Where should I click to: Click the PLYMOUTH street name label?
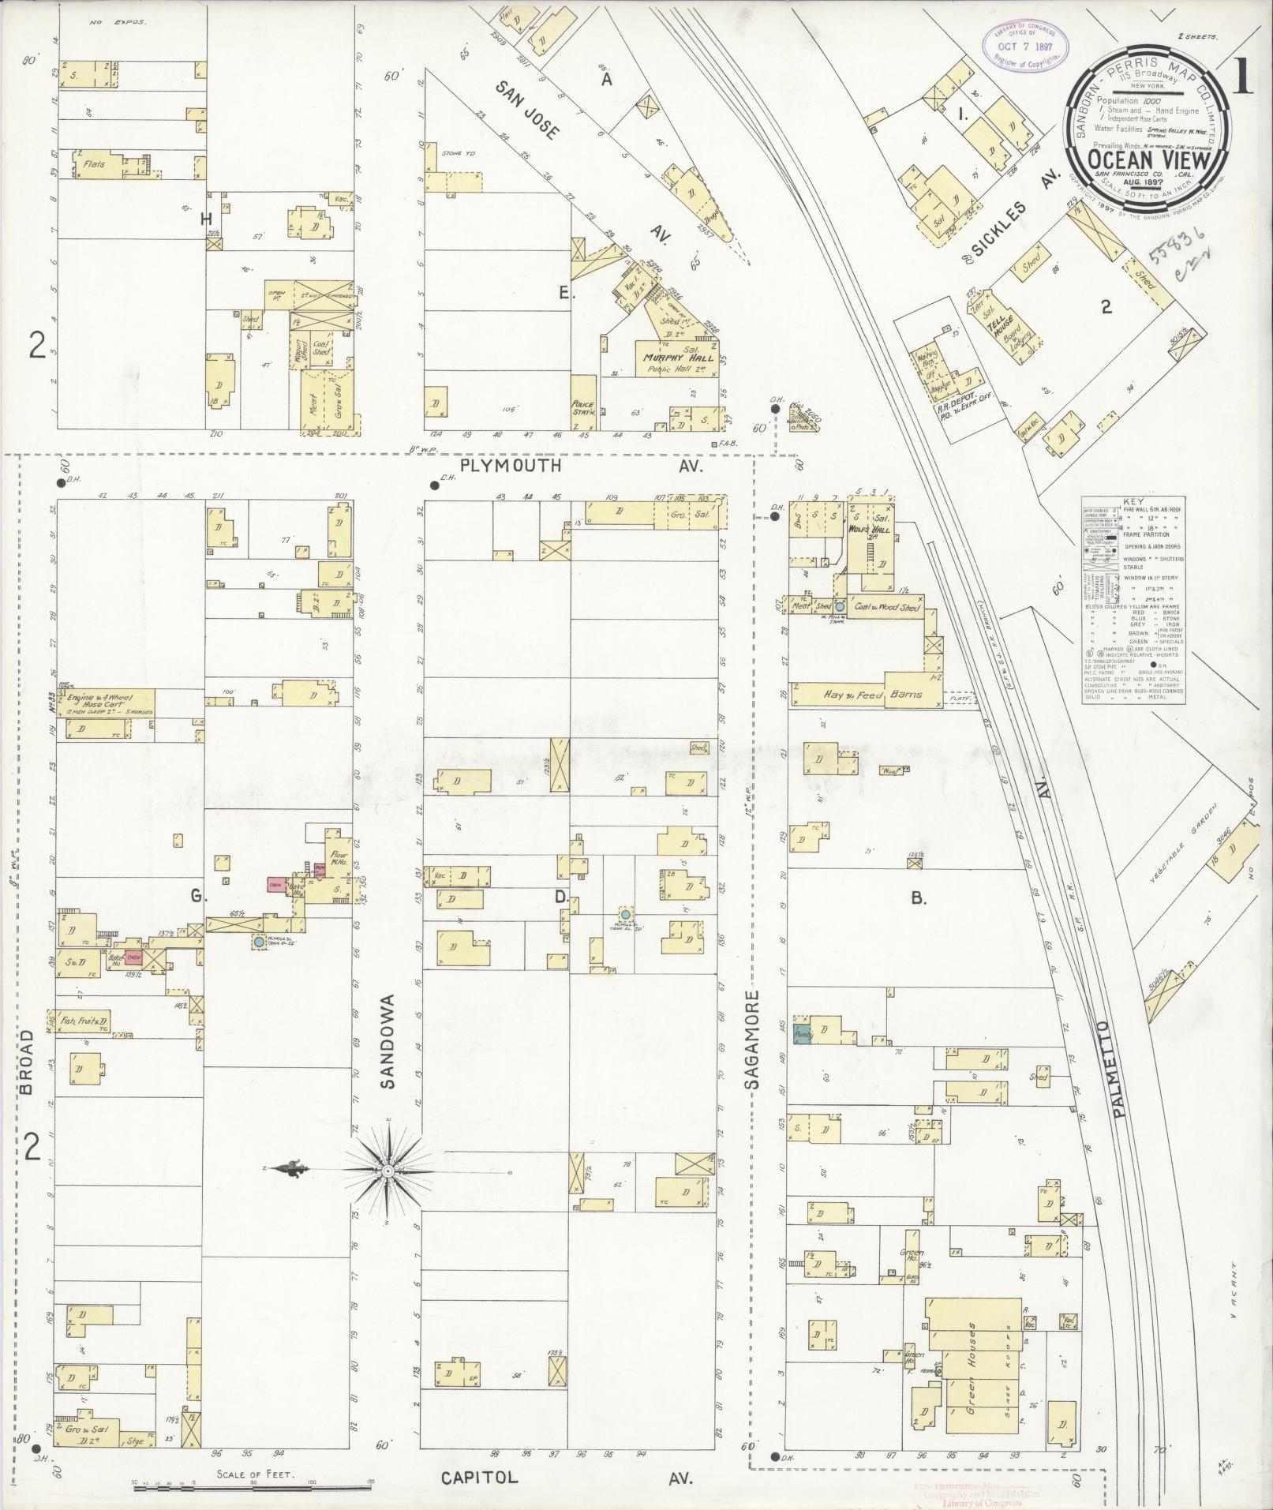pyautogui.click(x=511, y=466)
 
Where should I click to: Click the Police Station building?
pyautogui.click(x=583, y=407)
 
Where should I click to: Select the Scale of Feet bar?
pyautogui.click(x=253, y=1489)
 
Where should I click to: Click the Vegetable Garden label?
pyautogui.click(x=1180, y=844)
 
